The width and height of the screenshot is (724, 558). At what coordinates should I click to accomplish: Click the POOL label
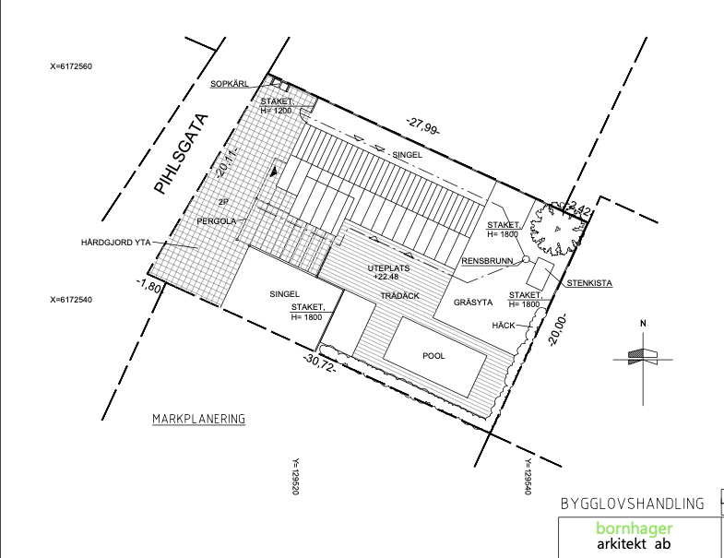[433, 356]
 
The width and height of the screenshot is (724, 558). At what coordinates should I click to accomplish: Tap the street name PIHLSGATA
[181, 154]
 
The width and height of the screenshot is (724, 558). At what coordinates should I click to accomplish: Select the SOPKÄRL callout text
[229, 84]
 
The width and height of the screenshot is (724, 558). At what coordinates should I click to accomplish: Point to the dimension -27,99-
[423, 126]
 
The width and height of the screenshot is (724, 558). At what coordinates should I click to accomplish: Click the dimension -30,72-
[319, 362]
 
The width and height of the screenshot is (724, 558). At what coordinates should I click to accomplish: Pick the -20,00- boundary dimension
[557, 330]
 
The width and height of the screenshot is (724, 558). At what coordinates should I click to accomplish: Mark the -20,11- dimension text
[226, 163]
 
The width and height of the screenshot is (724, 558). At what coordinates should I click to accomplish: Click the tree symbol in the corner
[557, 228]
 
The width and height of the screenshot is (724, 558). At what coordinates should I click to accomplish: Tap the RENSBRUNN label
[487, 261]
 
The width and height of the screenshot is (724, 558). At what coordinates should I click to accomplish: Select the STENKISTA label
[589, 283]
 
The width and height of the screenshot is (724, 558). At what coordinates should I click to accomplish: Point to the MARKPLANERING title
[198, 419]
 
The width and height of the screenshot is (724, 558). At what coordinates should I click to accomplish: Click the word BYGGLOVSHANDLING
[632, 503]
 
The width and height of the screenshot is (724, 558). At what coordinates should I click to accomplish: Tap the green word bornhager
[634, 528]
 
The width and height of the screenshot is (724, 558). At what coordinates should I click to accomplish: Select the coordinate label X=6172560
[71, 66]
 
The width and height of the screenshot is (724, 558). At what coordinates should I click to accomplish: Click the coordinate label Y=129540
[527, 476]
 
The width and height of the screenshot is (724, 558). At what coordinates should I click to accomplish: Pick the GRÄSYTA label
[473, 303]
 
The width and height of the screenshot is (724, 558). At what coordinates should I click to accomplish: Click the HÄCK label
[504, 326]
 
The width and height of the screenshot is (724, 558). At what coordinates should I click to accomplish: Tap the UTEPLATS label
[389, 268]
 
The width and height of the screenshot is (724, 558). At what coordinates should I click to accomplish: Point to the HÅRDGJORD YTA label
[116, 242]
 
